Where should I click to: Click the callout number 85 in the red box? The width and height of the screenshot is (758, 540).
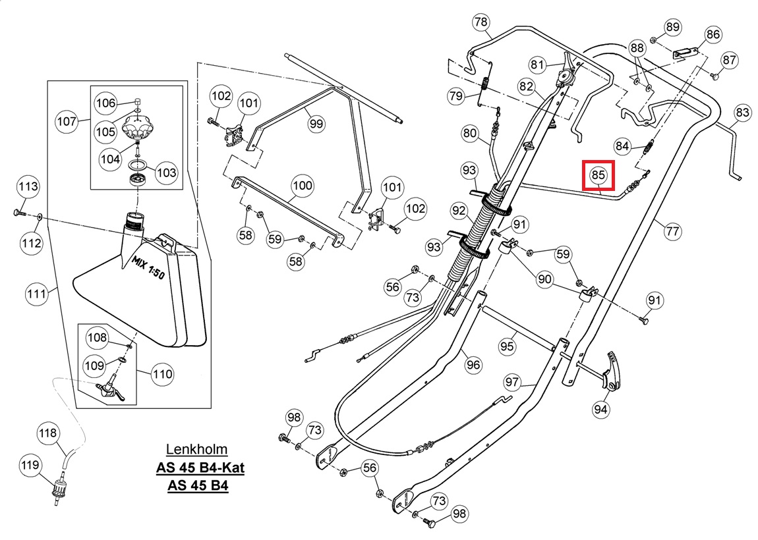click(x=598, y=175)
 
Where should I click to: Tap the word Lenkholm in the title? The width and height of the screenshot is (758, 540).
click(x=197, y=449)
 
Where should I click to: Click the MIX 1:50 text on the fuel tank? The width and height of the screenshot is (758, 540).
click(x=148, y=267)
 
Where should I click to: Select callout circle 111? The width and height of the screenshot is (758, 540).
click(x=36, y=294)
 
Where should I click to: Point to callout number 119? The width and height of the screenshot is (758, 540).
click(x=30, y=465)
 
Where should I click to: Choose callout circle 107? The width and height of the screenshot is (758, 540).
click(x=67, y=121)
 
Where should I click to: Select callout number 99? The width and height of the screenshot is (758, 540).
click(x=316, y=124)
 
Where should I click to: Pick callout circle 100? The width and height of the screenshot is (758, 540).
click(x=303, y=186)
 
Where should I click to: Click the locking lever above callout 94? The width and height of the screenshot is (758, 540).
click(x=612, y=370)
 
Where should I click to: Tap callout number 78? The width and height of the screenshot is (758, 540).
click(x=481, y=22)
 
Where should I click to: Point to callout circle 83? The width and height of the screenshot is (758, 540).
click(x=742, y=113)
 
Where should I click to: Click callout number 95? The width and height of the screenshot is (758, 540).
click(x=507, y=346)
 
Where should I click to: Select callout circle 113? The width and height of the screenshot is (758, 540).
click(x=28, y=186)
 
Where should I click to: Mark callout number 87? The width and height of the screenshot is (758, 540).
click(x=729, y=60)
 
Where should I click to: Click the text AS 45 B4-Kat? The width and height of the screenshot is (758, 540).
click(x=200, y=468)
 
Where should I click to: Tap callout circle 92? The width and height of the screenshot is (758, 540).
click(x=459, y=211)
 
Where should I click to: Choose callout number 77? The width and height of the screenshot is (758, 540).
click(x=672, y=231)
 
